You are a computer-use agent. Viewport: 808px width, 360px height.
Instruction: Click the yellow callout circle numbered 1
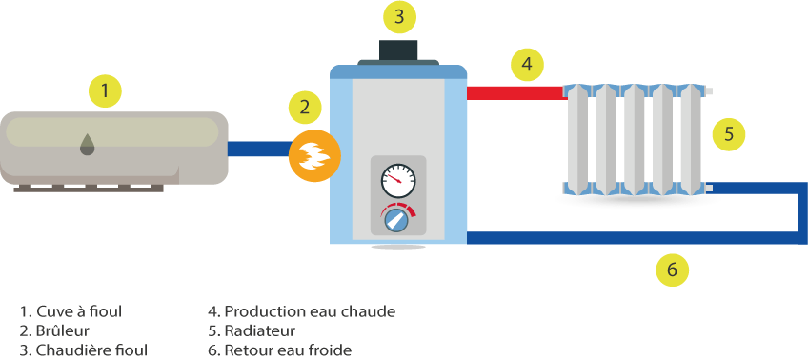(x=105, y=91)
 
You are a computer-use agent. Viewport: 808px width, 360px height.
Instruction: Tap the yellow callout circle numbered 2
(x=304, y=107)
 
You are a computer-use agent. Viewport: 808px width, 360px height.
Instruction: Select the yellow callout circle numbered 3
(x=399, y=16)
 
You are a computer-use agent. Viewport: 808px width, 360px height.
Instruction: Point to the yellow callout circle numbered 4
(x=527, y=65)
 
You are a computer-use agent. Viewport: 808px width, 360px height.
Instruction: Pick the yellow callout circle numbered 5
(x=728, y=133)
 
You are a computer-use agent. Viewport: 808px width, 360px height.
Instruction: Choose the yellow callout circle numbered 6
(x=672, y=270)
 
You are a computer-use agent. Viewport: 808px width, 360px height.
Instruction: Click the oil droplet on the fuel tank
(x=88, y=144)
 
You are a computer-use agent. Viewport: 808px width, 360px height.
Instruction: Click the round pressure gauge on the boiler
(x=397, y=180)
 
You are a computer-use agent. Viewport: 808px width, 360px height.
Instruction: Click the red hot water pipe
(x=515, y=92)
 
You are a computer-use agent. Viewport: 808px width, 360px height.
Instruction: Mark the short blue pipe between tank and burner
(x=258, y=150)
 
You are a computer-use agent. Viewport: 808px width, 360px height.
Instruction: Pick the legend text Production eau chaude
(x=301, y=311)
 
